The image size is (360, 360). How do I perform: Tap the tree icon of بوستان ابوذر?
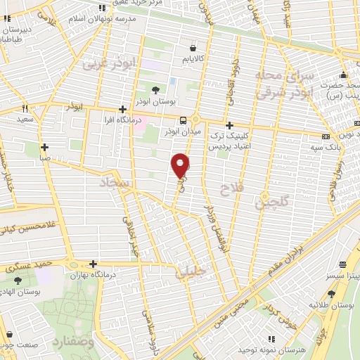pyautogui.click(x=155, y=89)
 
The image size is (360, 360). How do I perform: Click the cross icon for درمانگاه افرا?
pyautogui.click(x=123, y=109)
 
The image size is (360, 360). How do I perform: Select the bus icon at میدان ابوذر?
pyautogui.click(x=183, y=120)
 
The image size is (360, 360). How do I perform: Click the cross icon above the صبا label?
pyautogui.click(x=44, y=148)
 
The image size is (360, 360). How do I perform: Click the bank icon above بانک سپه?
pyautogui.click(x=325, y=136)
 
